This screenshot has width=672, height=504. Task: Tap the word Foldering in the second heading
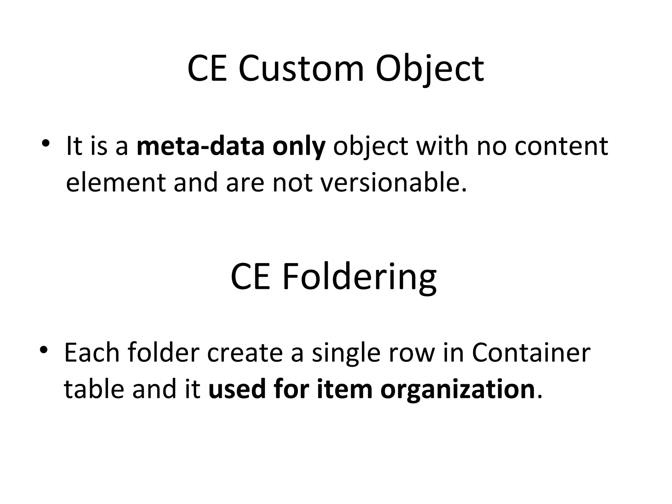359,278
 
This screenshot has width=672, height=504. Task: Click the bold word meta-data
200,146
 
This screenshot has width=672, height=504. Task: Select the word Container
531,353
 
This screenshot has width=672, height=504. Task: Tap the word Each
92,353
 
